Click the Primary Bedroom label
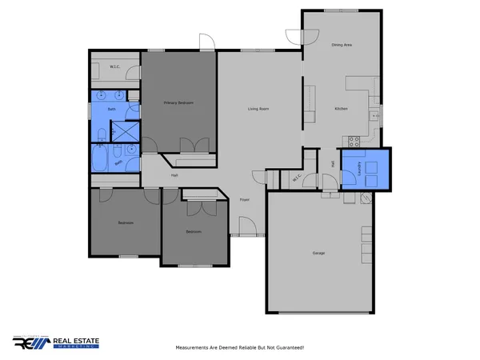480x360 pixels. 179,103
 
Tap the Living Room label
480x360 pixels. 257,109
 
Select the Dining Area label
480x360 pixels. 342,46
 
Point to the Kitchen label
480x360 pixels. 341,108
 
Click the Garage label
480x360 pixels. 318,253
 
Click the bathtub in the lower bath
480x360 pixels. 101,158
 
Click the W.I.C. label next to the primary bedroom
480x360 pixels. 114,66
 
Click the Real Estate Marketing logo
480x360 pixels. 57,342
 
